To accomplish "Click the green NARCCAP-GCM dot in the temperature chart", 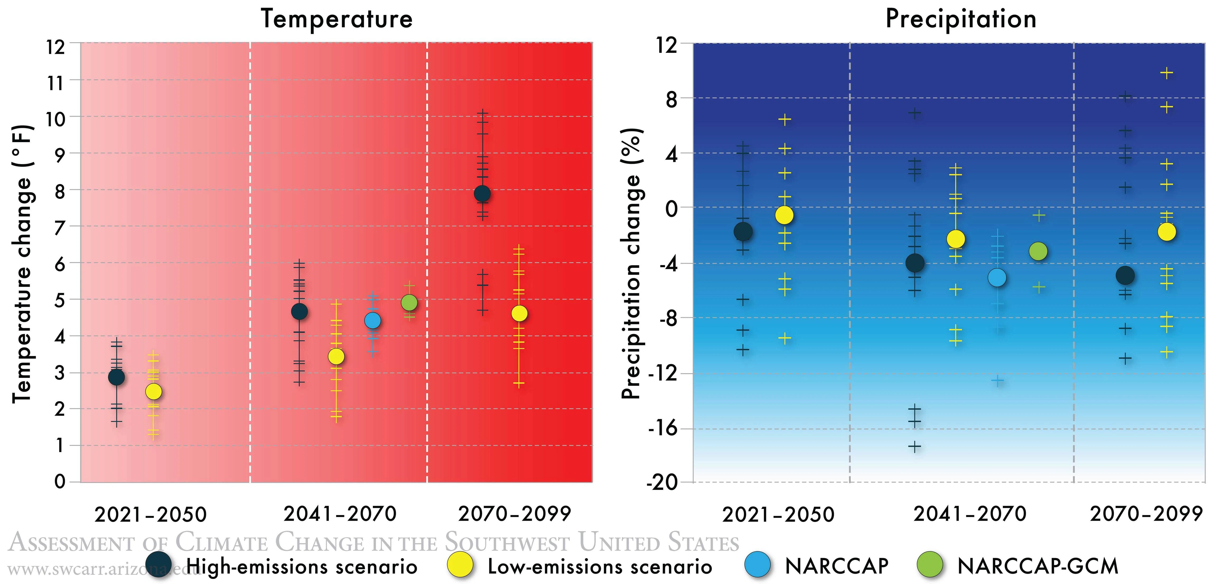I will (x=409, y=302).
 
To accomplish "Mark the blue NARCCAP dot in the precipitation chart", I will (x=997, y=278).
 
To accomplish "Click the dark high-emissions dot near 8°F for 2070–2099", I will (x=482, y=193).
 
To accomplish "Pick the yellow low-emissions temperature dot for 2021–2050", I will (x=153, y=392).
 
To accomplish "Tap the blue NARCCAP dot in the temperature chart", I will (x=373, y=321).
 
